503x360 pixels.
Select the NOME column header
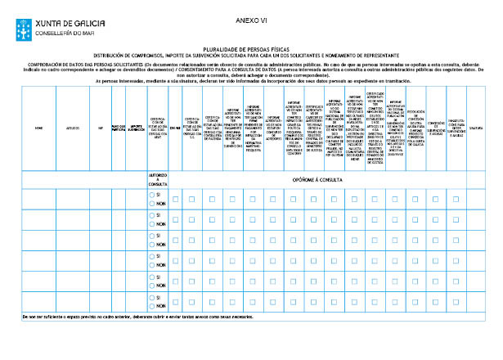point(38,128)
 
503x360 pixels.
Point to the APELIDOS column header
point(73,128)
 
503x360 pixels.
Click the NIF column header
point(101,128)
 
